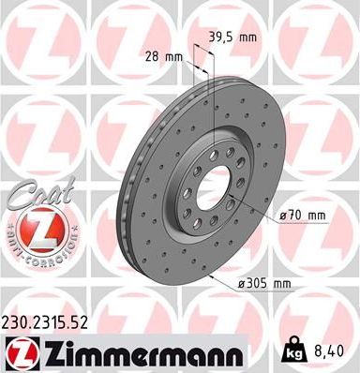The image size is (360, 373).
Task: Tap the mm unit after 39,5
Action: [247, 38]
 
